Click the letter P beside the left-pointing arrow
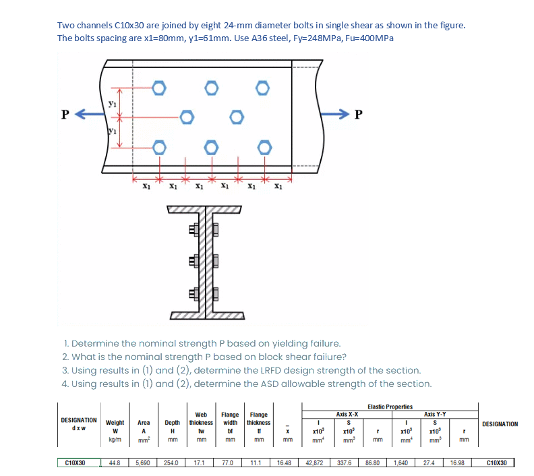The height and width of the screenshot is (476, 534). click(65, 113)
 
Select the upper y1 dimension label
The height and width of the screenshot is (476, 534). click(112, 103)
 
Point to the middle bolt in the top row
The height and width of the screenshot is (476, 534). click(212, 88)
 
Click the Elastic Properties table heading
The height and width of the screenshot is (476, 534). click(390, 407)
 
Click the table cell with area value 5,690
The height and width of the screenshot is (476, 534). click(143, 463)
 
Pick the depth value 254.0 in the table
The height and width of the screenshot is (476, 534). click(172, 463)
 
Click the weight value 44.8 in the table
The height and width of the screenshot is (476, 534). click(114, 463)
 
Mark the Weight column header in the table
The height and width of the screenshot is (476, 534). click(115, 422)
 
